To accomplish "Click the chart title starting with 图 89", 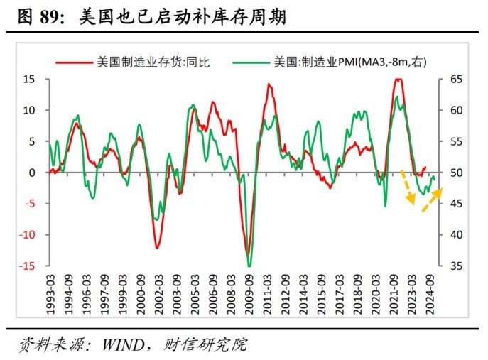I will coord(149,16).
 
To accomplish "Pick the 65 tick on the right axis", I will coord(455,79).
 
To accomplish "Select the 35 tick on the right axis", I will coord(455,266).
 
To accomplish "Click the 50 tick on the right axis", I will coord(455,173).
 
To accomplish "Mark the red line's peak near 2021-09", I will coord(398,80).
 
